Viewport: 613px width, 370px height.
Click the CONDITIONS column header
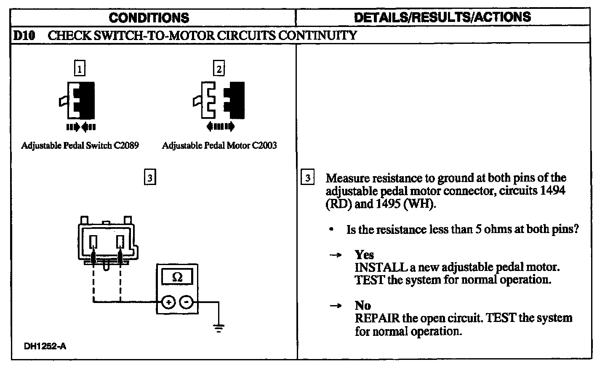[149, 18]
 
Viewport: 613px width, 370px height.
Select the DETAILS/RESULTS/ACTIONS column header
[442, 17]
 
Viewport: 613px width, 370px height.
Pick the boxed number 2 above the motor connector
[219, 68]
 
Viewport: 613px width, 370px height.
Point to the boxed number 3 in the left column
[149, 177]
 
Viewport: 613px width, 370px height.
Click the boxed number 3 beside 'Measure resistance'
[308, 177]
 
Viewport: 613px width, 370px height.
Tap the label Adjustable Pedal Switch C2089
[80, 146]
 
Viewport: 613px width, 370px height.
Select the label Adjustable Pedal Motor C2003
[219, 146]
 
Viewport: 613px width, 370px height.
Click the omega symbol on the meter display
[177, 277]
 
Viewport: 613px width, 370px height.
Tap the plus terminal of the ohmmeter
[168, 302]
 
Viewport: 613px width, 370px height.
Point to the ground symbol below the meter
[219, 328]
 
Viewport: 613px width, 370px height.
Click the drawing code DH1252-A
[45, 346]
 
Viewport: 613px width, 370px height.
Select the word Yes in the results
[364, 255]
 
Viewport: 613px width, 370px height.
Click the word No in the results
[362, 305]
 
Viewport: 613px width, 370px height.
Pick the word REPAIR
[377, 318]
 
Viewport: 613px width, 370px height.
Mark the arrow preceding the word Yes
[335, 255]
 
